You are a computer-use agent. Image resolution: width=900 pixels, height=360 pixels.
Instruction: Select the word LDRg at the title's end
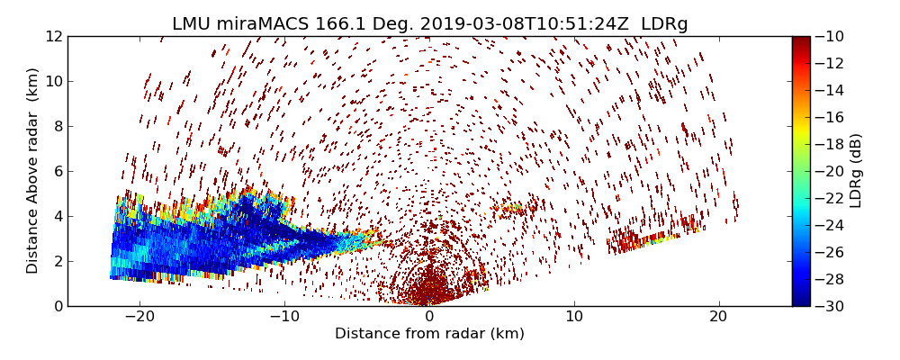pyautogui.click(x=664, y=24)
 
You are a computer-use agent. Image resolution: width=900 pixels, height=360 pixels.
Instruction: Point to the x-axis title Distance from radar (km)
pyautogui.click(x=429, y=334)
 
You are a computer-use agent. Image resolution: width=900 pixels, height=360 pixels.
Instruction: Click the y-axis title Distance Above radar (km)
pyautogui.click(x=33, y=171)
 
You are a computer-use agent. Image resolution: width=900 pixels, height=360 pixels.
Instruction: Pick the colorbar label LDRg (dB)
pyautogui.click(x=856, y=171)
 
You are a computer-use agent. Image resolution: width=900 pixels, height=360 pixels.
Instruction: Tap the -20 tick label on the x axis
pyautogui.click(x=139, y=317)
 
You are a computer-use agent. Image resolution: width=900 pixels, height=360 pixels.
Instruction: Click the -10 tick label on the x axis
pyautogui.click(x=284, y=317)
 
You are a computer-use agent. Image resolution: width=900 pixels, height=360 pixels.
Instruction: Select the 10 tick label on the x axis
pyautogui.click(x=574, y=317)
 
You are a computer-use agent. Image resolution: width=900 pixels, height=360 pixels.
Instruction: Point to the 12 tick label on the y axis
pyautogui.click(x=52, y=36)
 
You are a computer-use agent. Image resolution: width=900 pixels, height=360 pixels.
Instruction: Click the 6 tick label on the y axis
pyautogui.click(x=57, y=171)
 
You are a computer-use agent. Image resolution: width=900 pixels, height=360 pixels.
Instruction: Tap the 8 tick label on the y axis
pyautogui.click(x=57, y=126)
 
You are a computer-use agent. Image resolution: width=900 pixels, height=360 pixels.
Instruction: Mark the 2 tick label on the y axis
pyautogui.click(x=57, y=261)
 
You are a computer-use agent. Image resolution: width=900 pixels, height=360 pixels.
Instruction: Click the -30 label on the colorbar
pyautogui.click(x=828, y=306)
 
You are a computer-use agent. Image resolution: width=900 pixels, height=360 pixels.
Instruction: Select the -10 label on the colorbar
pyautogui.click(x=828, y=36)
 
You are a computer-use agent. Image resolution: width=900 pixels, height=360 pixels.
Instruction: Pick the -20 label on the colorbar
pyautogui.click(x=828, y=171)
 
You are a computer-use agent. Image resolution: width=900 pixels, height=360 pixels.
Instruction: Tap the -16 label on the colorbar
pyautogui.click(x=828, y=117)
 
